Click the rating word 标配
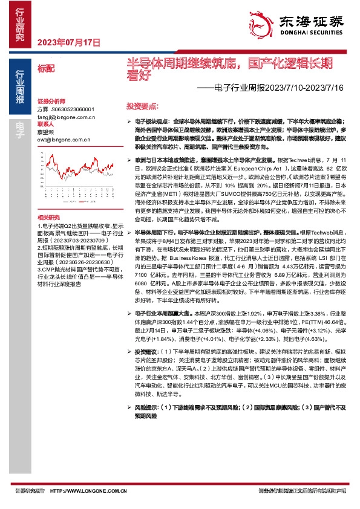point(45,69)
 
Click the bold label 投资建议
point(148,351)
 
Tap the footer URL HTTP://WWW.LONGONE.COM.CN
point(88,491)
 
